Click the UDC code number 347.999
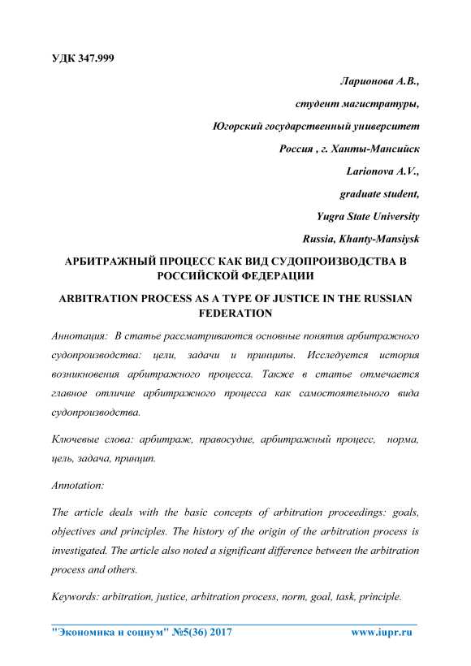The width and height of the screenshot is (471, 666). tap(92, 61)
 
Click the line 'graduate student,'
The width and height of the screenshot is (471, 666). tap(379, 194)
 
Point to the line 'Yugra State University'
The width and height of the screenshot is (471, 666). tap(367, 217)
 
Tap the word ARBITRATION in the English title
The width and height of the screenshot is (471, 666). tap(110, 299)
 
